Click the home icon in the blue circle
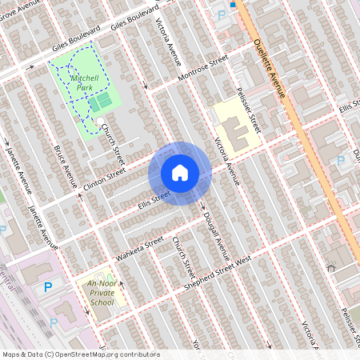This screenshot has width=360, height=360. tap(180, 173)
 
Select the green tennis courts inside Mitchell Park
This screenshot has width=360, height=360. tap(100, 102)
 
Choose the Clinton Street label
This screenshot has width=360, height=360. tap(105, 180)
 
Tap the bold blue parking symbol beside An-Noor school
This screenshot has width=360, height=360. tap(48, 286)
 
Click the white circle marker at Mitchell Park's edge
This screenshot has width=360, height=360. tap(100, 122)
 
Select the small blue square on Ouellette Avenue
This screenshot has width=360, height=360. tap(233, 4)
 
